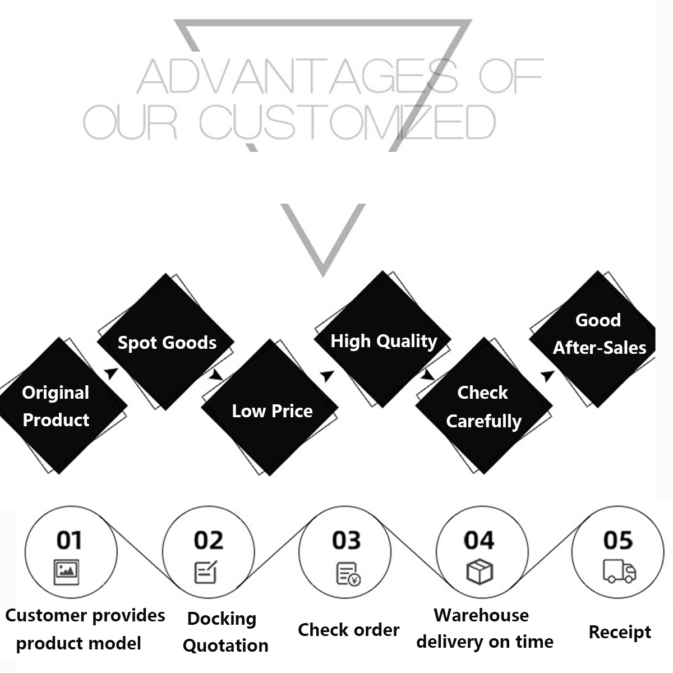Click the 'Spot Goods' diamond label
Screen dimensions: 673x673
coord(167,343)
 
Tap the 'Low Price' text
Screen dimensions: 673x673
coord(272,411)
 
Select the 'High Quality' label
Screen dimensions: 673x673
coord(384,341)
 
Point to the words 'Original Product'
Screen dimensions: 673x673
coord(56,406)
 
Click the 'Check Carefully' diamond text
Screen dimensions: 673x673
coord(483,407)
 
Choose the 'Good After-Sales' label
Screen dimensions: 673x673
coord(599,334)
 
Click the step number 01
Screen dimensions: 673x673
coord(70,540)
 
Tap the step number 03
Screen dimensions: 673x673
coord(346,540)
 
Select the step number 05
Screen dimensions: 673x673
coord(618,540)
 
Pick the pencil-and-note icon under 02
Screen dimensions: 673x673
coord(206,572)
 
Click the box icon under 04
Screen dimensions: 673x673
coord(480,571)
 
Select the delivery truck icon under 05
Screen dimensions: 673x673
coord(619,571)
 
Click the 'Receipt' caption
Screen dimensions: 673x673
coord(620,632)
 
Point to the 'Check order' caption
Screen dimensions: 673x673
coord(348,630)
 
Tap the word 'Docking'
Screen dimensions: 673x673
coord(222,619)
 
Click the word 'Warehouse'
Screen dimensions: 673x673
coord(481,615)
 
